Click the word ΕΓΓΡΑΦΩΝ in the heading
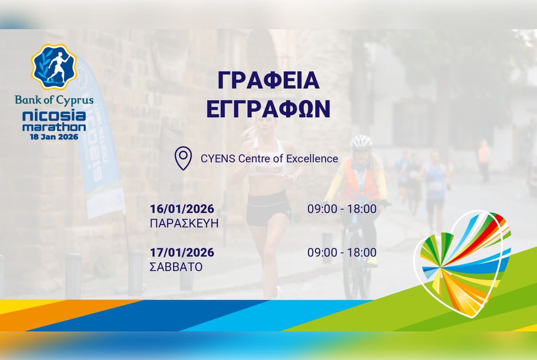point(268,108)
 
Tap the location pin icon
point(183,158)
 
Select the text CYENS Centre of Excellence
point(269,158)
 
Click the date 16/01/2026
point(182,209)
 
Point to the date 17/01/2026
point(182,253)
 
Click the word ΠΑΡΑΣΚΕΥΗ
point(184,223)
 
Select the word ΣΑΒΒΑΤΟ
point(176,267)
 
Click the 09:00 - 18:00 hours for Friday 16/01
point(342,209)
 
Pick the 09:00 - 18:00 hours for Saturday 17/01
point(342,253)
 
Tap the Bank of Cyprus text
point(54,100)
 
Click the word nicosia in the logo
point(54,115)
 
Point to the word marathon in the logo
point(54,127)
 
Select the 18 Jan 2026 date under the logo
point(54,137)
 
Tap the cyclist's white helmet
point(361,141)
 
